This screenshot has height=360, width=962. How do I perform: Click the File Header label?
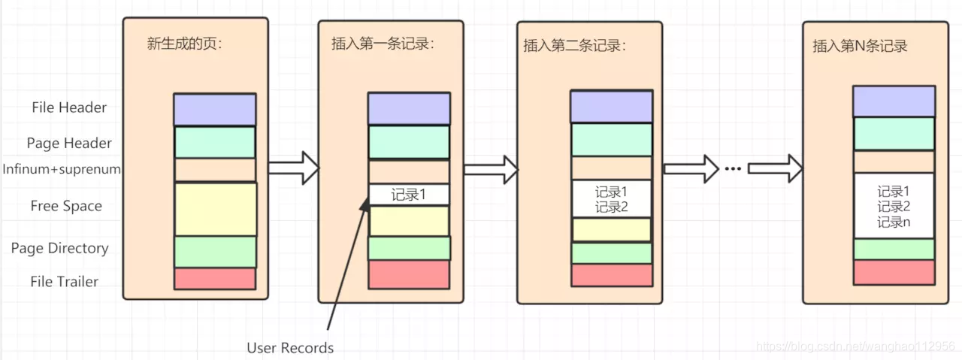coord(69,107)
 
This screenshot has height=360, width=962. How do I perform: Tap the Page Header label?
coord(69,143)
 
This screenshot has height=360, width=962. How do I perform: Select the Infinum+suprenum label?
coord(62,169)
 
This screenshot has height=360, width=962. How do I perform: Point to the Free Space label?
coord(66,206)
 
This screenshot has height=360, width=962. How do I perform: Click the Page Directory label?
coord(59,248)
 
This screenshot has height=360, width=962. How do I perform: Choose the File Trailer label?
coord(65,282)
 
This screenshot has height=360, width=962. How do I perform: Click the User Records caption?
coord(290,348)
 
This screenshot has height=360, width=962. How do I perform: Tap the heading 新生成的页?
coord(185,44)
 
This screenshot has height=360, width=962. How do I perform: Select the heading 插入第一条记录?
coord(383,44)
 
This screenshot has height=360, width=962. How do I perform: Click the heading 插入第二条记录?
coord(575,45)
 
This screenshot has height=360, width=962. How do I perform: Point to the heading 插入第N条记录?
coord(860,46)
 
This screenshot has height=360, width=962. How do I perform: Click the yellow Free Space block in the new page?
coord(215,209)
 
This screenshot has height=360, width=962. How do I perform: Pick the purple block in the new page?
coord(215,110)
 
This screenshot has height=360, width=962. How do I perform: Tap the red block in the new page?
coord(215,279)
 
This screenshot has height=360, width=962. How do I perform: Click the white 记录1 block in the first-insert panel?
coord(409,195)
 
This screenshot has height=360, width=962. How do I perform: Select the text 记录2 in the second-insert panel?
coord(611,207)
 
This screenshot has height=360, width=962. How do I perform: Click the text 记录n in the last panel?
coord(894,222)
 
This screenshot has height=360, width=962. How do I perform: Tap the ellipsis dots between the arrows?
coord(733,168)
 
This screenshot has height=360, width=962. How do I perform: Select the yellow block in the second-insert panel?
coord(611,229)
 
